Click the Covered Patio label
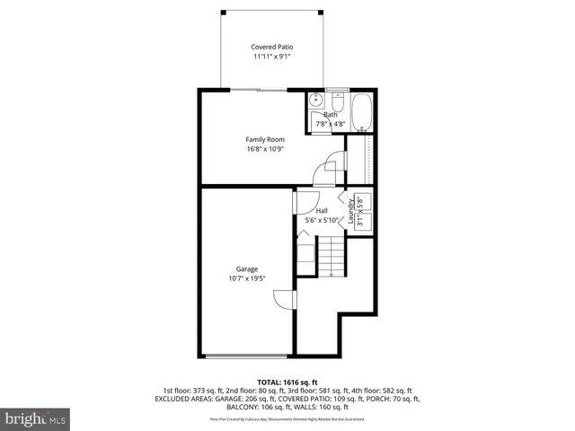(x=271, y=47)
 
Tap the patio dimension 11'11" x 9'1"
(x=271, y=57)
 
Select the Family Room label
(x=265, y=139)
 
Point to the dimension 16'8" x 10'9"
(x=265, y=149)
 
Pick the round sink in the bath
(x=316, y=101)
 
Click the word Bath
(x=331, y=116)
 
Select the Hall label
(x=321, y=211)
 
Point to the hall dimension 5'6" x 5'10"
(x=321, y=221)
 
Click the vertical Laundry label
(x=352, y=214)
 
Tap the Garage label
(x=247, y=269)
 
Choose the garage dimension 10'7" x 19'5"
(x=247, y=279)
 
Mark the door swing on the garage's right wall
(x=283, y=301)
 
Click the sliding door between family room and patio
(x=256, y=89)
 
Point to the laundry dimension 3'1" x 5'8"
(x=361, y=212)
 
